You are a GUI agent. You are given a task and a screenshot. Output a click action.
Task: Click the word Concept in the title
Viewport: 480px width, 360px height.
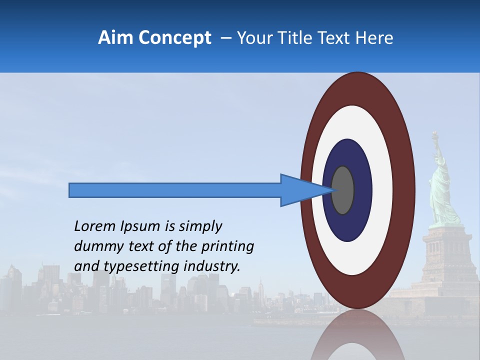174,38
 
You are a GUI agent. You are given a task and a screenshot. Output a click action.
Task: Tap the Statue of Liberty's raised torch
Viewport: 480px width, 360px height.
435,135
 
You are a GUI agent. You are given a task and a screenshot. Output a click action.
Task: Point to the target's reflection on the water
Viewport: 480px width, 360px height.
357,335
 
